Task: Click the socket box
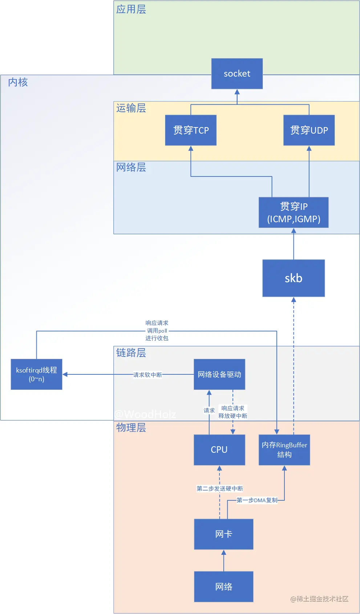(237, 74)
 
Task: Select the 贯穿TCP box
(191, 130)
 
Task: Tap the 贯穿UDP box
(309, 130)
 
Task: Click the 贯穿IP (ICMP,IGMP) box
(294, 212)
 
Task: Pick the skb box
(294, 278)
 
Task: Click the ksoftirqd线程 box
(36, 374)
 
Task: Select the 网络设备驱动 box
(219, 374)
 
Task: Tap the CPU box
(219, 450)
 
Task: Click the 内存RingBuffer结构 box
(284, 450)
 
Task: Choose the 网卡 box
(223, 534)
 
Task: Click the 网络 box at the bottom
(223, 587)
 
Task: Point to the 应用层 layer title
(131, 9)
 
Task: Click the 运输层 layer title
(131, 108)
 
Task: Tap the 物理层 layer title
(131, 428)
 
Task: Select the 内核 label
(18, 82)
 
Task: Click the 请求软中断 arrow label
(147, 375)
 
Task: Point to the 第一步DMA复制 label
(257, 500)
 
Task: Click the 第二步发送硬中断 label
(220, 489)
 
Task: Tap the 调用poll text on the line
(157, 331)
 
